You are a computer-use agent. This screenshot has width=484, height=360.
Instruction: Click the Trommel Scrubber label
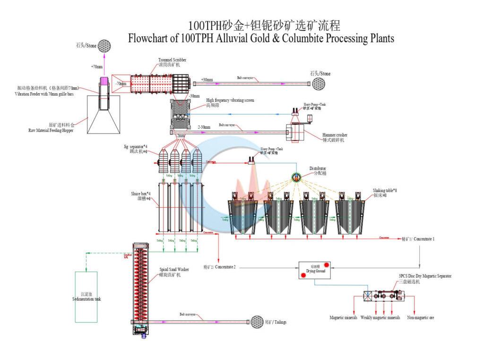point(169,60)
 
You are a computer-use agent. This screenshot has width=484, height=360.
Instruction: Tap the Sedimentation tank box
point(86,297)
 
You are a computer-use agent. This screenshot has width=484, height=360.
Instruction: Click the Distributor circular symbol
point(297,177)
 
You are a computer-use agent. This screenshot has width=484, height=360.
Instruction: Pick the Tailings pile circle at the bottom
point(258,322)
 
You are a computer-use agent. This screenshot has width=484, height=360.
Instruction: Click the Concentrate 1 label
point(418,239)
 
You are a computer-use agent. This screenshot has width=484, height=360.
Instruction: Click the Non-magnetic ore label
point(420,317)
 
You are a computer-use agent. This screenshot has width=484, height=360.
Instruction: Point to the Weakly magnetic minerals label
point(380,317)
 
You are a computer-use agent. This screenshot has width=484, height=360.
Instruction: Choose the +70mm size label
point(96,67)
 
